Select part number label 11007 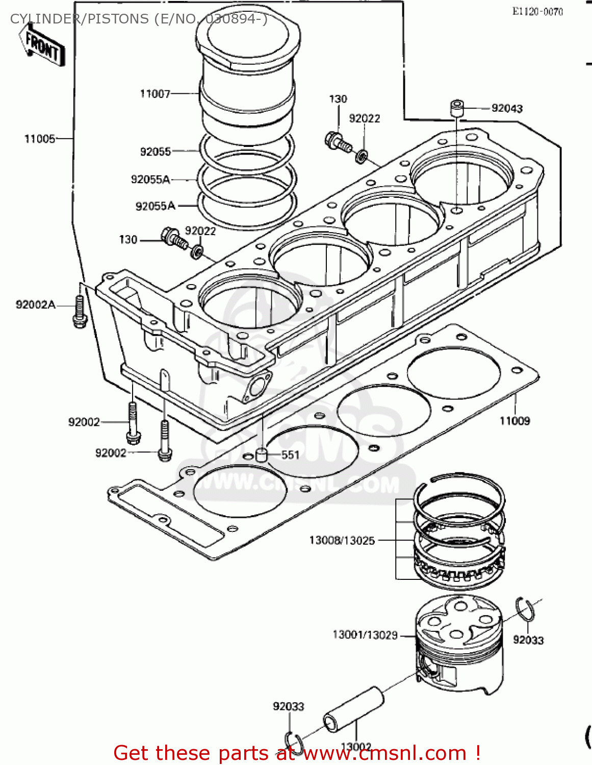155,94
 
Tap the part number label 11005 40,139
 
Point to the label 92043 507,108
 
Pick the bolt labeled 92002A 80,312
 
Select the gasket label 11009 514,421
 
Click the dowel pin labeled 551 262,454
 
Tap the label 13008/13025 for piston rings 342,540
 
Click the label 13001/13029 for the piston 365,635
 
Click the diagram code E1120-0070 537,12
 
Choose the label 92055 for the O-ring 155,151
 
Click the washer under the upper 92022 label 361,155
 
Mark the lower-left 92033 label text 288,706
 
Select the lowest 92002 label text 111,453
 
